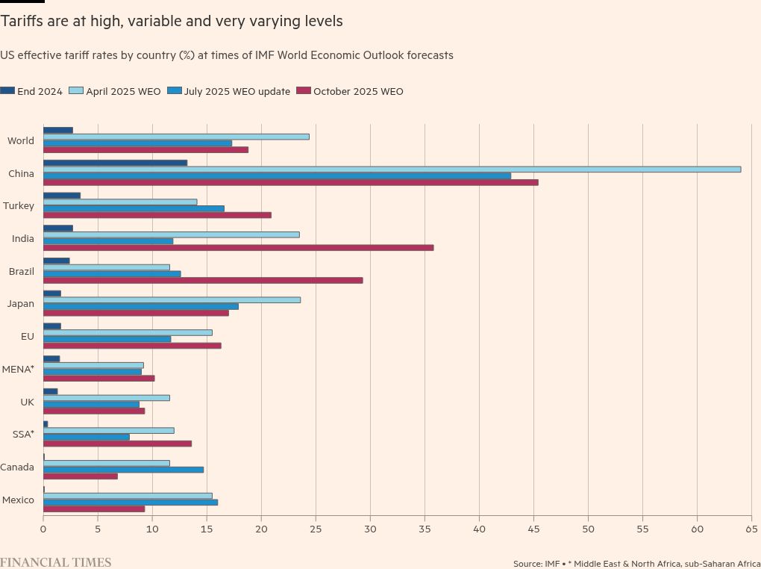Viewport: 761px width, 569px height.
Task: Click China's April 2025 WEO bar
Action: point(392,170)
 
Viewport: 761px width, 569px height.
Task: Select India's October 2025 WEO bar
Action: point(238,248)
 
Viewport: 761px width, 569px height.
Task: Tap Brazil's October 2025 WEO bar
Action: point(203,281)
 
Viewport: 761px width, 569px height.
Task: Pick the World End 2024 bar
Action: point(57,130)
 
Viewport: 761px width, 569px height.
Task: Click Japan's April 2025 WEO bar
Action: point(172,299)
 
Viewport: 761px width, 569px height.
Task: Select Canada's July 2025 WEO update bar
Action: point(123,470)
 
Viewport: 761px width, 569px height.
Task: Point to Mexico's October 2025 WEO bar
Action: point(94,509)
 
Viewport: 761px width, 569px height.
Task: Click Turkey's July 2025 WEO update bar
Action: point(134,208)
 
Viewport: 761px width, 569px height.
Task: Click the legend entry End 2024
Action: point(40,92)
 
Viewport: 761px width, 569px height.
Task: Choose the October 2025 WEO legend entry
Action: point(358,92)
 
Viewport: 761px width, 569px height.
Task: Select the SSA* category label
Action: point(23,434)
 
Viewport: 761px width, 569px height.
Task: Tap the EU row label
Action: point(28,337)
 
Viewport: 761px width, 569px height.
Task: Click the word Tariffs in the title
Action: point(22,22)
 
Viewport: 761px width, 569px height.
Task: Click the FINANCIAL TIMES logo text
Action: point(55,562)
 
